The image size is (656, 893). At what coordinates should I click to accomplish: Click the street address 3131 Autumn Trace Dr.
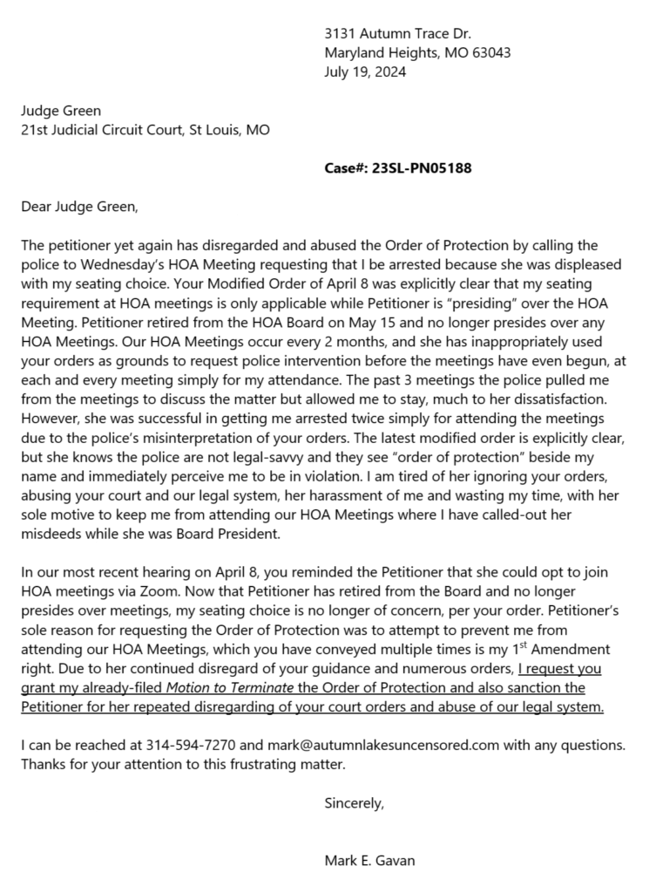point(397,34)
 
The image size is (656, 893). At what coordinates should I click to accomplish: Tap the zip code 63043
point(490,53)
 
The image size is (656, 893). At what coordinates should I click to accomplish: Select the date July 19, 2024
point(365,72)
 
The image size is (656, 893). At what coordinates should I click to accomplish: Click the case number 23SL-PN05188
point(422,168)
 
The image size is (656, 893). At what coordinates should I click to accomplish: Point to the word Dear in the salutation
point(36,207)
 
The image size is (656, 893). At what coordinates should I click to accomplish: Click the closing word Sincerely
point(353,802)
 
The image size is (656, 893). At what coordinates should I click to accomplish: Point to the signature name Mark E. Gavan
point(369,861)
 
